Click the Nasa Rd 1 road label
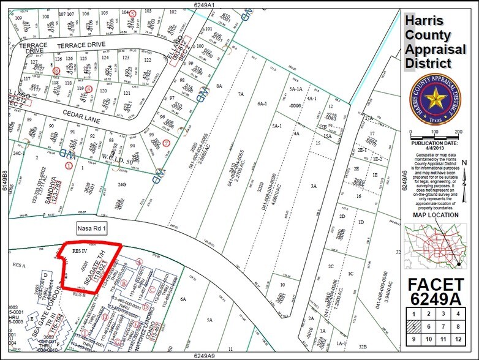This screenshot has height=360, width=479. click(x=92, y=229)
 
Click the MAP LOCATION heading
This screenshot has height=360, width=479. click(x=435, y=215)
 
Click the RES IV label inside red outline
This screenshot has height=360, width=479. click(x=81, y=250)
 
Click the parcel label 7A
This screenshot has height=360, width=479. click(x=241, y=94)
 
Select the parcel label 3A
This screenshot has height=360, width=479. click(x=313, y=186)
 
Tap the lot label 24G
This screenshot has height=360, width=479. click(x=122, y=184)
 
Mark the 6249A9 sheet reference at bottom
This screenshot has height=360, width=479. click(x=207, y=355)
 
